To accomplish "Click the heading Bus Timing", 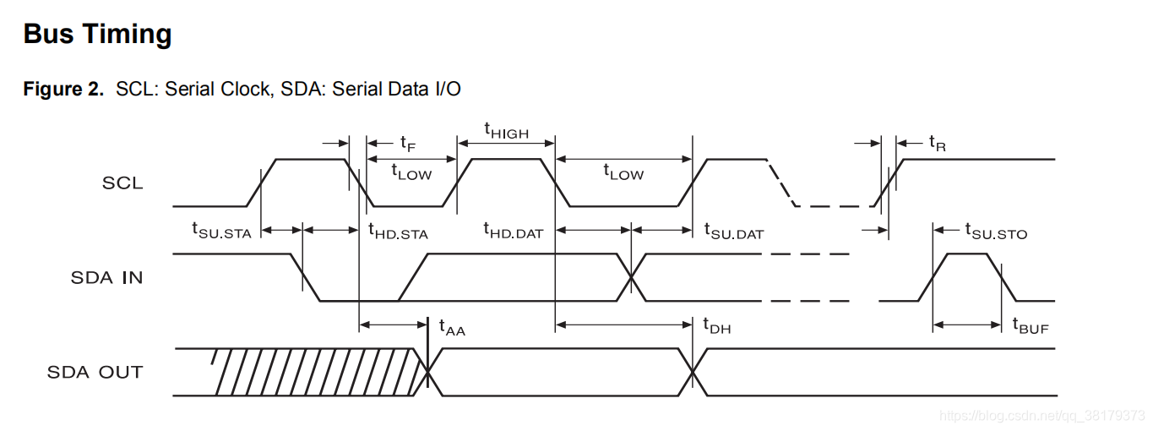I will [x=98, y=35].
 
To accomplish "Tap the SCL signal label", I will [x=122, y=183].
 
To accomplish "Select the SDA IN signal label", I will [x=106, y=277].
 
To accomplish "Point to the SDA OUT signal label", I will [x=95, y=372].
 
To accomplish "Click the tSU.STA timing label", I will [x=221, y=230].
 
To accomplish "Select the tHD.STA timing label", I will [x=398, y=230].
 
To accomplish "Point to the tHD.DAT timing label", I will [x=513, y=230].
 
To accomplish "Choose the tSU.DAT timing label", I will [x=734, y=230].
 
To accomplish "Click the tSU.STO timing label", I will [x=996, y=230].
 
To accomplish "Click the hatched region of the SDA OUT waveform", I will [x=313, y=372].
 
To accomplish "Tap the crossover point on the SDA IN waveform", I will [x=631, y=277].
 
